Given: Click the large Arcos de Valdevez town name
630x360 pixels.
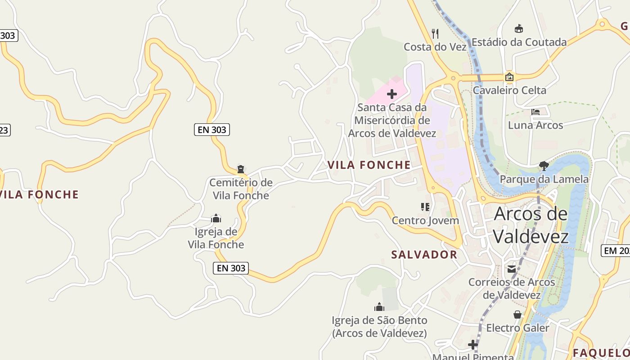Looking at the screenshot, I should (531, 225).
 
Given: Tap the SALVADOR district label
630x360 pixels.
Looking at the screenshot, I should (424, 255).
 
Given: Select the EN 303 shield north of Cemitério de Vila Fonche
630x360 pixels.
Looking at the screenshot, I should (212, 130).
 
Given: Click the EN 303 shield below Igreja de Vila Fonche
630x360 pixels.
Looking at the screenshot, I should (231, 268).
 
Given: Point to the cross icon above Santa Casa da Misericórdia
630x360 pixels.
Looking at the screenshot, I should (392, 94).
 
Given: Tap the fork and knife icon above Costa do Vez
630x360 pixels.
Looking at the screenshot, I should (435, 33).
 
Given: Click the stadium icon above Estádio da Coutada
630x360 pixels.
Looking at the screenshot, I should (519, 29).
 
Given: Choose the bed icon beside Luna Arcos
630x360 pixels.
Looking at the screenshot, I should (535, 112).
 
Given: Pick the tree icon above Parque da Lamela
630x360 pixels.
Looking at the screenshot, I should (544, 166).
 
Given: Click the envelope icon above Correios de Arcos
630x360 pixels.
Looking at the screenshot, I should (512, 269).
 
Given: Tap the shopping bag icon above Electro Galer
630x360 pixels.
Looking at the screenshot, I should (517, 315).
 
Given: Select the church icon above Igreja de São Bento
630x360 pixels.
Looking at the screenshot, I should (379, 307).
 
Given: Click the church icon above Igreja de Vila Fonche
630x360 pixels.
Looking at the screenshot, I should (216, 219).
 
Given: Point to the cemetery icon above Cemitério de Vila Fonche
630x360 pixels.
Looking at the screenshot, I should (241, 170).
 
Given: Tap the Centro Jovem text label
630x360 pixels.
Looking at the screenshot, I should (425, 220).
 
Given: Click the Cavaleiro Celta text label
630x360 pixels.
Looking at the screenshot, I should (509, 90).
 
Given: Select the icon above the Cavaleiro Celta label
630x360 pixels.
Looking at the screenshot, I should (509, 77).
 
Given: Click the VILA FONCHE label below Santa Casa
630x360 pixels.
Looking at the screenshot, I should (369, 165).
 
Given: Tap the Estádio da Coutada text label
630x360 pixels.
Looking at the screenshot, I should (519, 42).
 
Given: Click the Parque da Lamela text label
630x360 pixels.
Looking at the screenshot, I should (544, 179).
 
